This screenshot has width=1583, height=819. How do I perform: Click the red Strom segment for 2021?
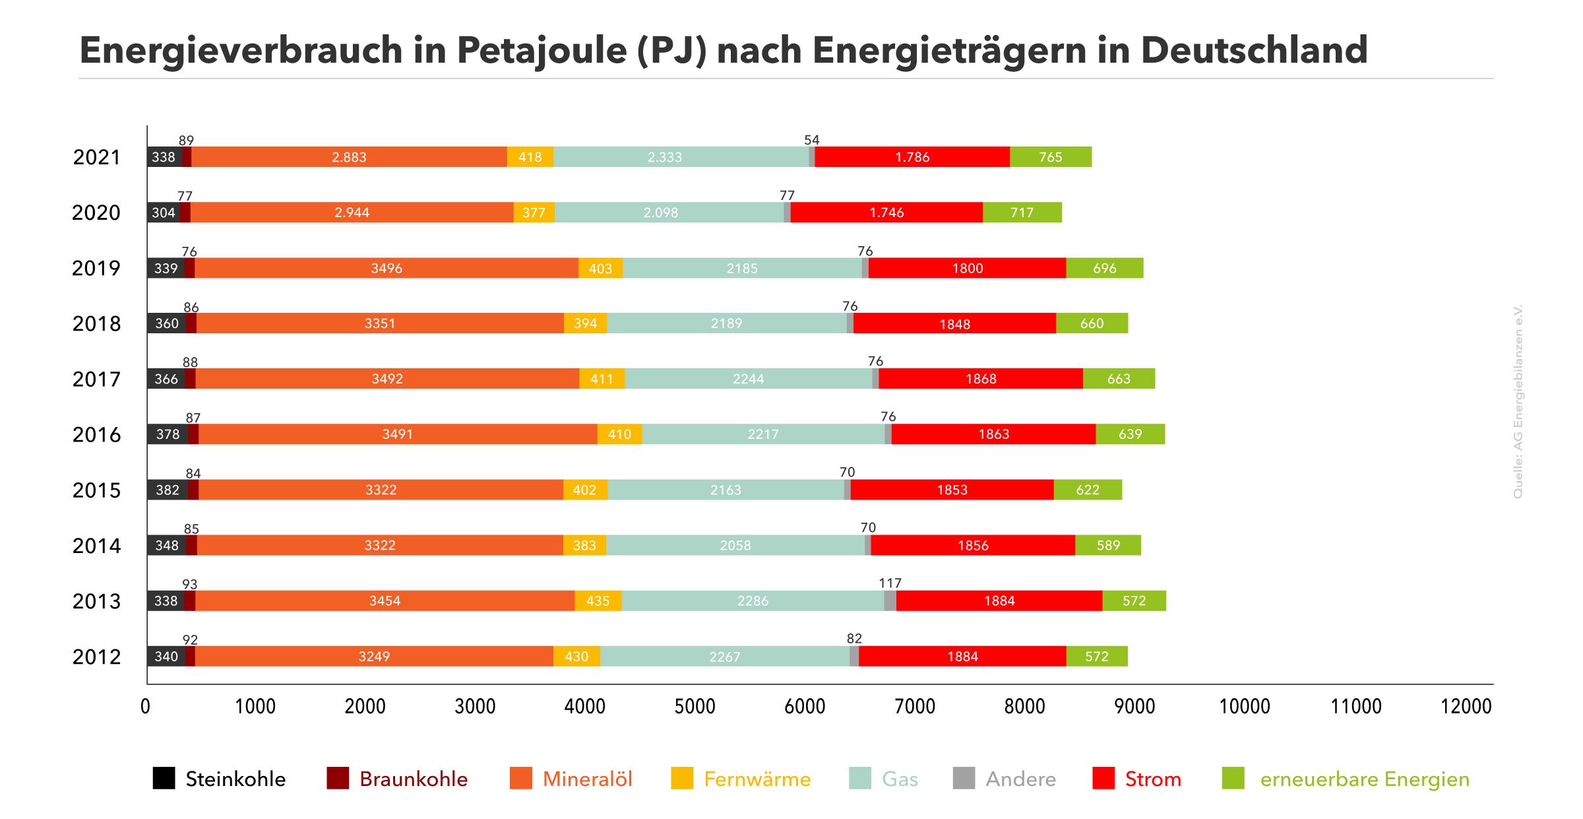(x=912, y=157)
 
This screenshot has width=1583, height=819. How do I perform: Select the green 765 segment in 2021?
(x=1050, y=157)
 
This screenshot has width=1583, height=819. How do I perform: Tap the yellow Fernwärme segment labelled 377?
(x=534, y=213)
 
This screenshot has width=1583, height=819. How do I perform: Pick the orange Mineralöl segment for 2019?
(x=386, y=268)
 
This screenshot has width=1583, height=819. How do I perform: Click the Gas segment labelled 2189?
(x=726, y=323)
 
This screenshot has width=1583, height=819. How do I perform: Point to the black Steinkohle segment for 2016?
(x=168, y=434)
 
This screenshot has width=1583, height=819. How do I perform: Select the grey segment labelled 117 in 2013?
(x=890, y=601)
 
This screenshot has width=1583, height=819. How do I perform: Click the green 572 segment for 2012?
(x=1096, y=657)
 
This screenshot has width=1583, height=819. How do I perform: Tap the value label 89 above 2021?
(x=186, y=141)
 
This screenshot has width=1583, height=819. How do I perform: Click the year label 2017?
(x=96, y=379)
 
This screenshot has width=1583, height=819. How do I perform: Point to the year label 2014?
(x=96, y=546)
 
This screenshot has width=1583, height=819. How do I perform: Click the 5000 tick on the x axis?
(x=695, y=707)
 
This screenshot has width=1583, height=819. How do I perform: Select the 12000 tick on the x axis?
(x=1466, y=707)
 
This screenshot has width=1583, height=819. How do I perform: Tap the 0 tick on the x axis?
(x=145, y=707)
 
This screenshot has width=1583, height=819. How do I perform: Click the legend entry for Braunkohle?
(x=413, y=779)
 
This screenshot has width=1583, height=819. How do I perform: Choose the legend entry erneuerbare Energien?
(x=1364, y=779)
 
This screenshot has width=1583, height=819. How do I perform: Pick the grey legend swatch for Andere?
(x=964, y=779)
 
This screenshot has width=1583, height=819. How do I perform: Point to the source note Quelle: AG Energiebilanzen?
(x=1518, y=401)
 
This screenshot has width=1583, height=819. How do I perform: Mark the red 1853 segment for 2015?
(x=952, y=490)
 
